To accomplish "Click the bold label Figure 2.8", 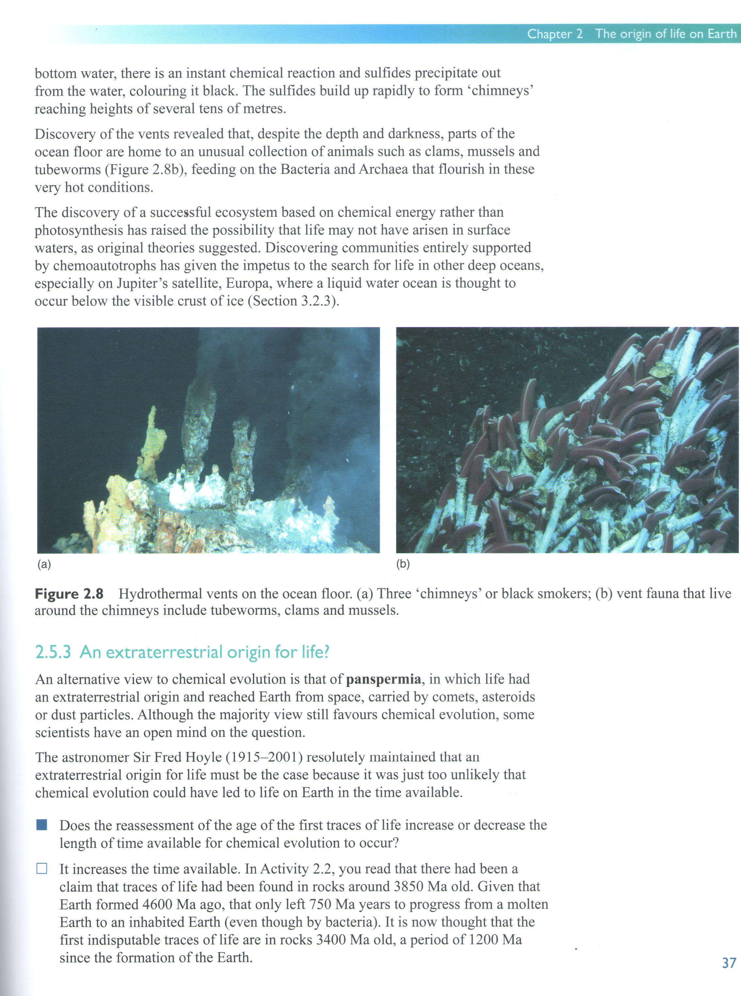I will pos(69,594).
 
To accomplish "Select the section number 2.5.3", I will pos(53,652).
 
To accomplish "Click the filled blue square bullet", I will pos(42,825).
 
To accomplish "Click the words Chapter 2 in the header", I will pos(554,34).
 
